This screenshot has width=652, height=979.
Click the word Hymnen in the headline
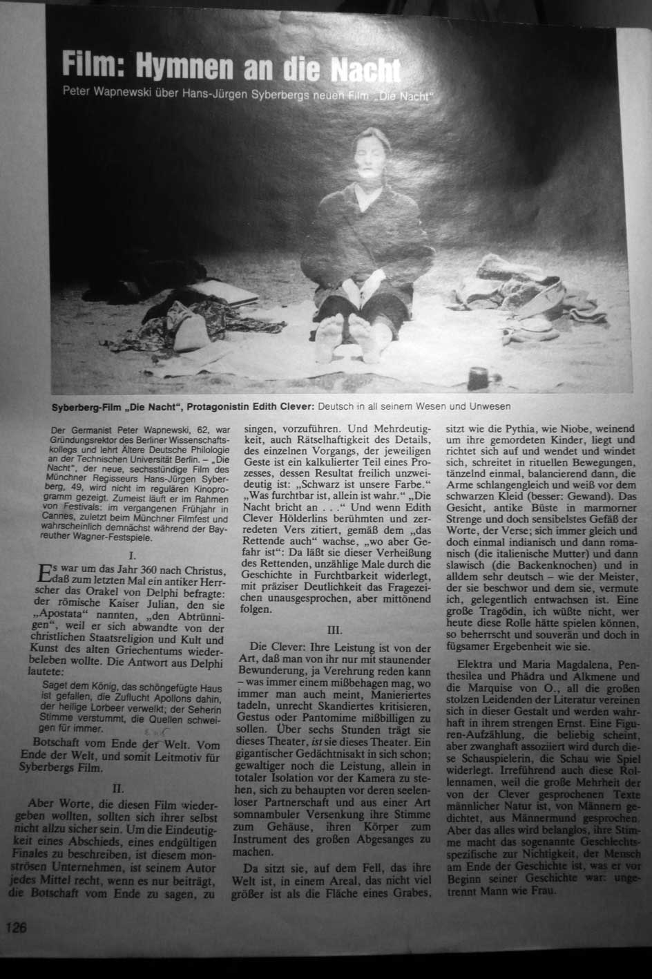click(x=184, y=66)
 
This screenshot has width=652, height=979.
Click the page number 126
click(x=17, y=927)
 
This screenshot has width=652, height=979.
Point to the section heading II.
click(x=118, y=788)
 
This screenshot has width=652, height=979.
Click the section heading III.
click(x=334, y=629)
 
